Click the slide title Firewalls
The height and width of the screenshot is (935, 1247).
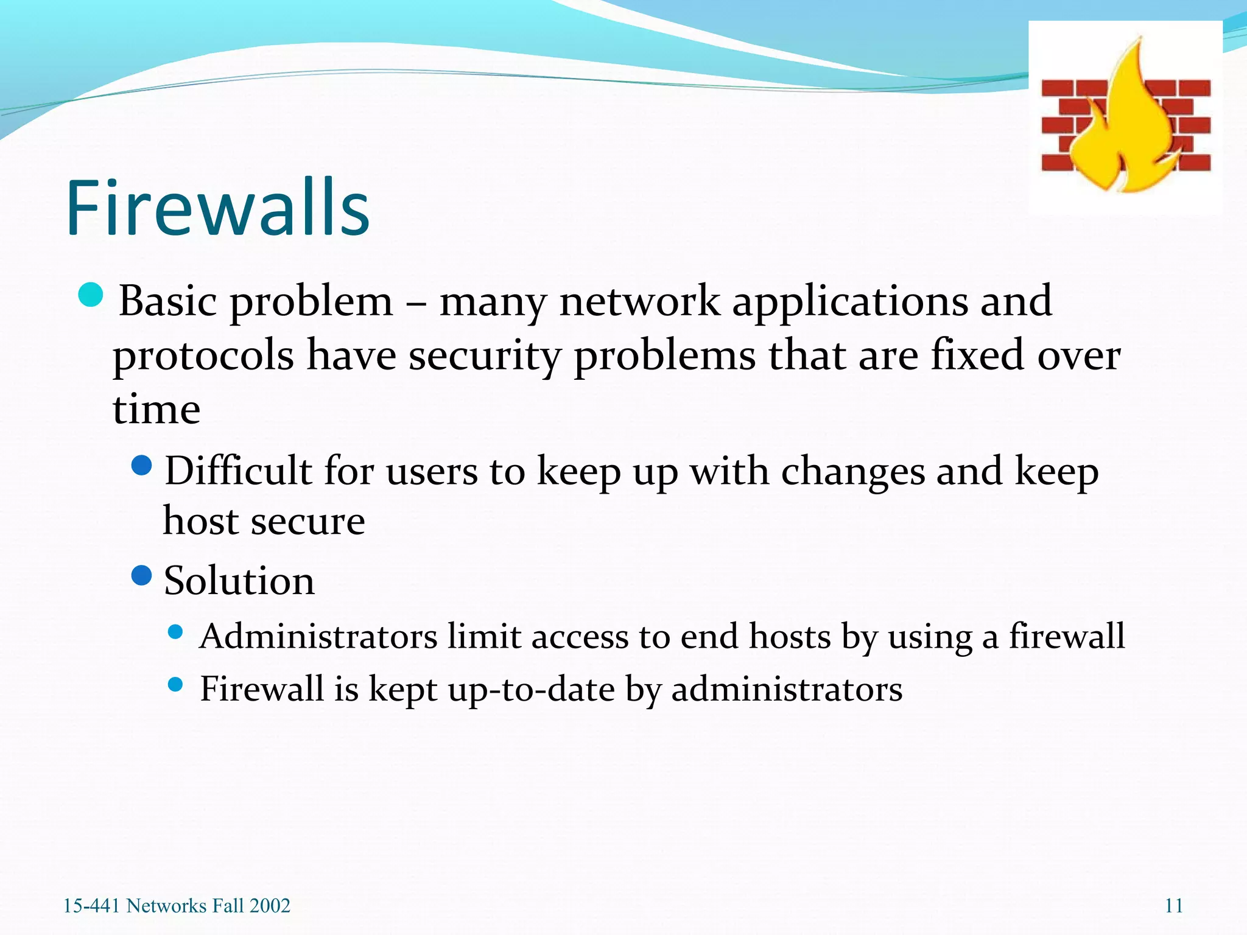click(217, 208)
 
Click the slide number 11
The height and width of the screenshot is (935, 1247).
click(1173, 906)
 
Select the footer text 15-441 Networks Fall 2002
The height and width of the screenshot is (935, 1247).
click(177, 906)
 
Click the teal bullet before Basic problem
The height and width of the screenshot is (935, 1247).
click(91, 295)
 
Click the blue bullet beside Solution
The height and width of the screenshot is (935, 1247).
click(141, 575)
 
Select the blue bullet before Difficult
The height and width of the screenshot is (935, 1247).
click(141, 466)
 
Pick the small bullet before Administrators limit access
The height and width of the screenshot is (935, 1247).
click(175, 632)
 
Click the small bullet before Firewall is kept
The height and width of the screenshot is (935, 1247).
click(175, 685)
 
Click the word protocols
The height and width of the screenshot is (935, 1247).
click(203, 356)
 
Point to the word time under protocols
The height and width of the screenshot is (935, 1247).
click(156, 409)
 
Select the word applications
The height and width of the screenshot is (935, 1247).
click(850, 301)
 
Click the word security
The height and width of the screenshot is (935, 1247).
click(484, 356)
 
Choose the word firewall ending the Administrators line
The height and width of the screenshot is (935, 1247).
click(1067, 637)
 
